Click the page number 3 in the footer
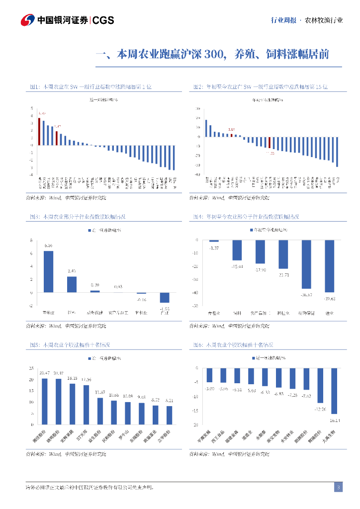[x=338, y=487]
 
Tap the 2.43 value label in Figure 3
[x=72, y=271]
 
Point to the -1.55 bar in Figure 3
[x=165, y=297]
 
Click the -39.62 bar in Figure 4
[x=329, y=266]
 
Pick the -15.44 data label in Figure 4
[x=237, y=267]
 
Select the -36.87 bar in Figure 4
[x=306, y=264]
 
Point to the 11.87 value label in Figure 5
[x=100, y=392]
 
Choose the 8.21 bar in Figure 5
[x=169, y=415]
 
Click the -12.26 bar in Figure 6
[x=320, y=385]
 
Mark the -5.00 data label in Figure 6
[x=209, y=388]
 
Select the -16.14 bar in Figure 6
[x=334, y=391]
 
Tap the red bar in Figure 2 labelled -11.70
[x=269, y=143]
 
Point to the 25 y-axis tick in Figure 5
[x=31, y=368]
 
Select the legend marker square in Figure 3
[x=90, y=231]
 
